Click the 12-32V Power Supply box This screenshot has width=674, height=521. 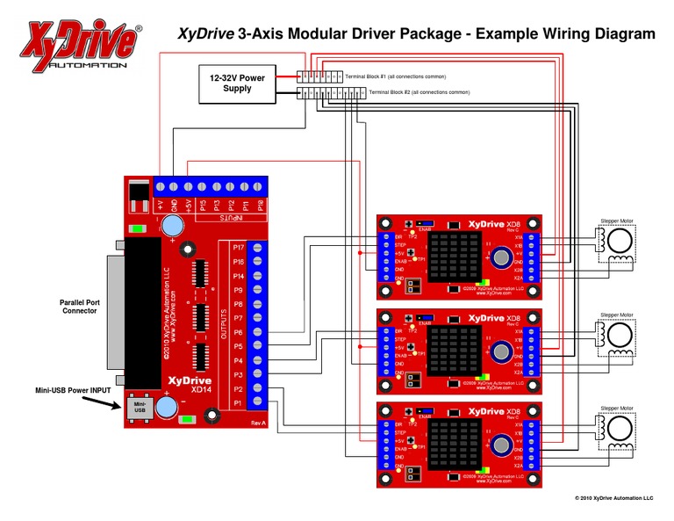[x=237, y=83]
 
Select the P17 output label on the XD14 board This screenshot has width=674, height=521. [x=237, y=248]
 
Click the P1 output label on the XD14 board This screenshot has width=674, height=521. [x=237, y=402]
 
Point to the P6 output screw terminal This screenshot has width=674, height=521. [x=257, y=332]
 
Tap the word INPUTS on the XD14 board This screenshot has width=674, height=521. [x=226, y=216]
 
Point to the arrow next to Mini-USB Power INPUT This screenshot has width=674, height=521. [x=109, y=404]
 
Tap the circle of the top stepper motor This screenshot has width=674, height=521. [x=622, y=242]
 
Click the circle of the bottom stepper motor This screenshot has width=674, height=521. [x=622, y=429]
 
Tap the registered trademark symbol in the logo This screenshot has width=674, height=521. [x=139, y=29]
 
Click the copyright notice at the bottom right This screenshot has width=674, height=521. [x=613, y=498]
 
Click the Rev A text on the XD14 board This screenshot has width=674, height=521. [x=257, y=423]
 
